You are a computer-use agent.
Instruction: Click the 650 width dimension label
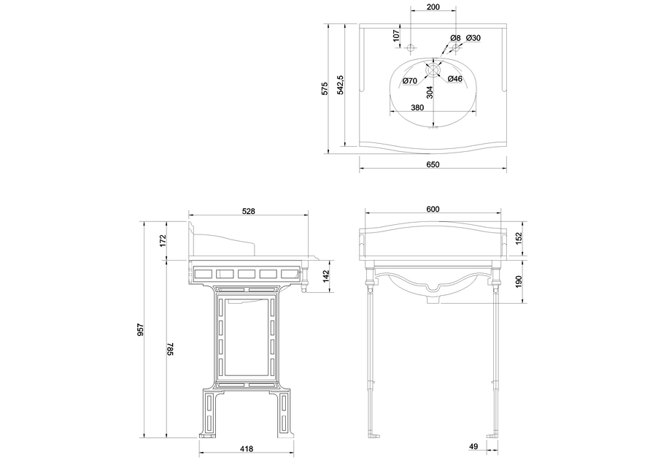coord(433,164)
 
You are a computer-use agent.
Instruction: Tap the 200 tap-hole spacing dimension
coord(433,7)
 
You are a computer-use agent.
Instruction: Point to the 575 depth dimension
coord(325,88)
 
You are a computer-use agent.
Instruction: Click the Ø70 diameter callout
coord(409,81)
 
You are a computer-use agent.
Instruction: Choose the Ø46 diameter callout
coord(454,79)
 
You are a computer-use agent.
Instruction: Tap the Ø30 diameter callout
coord(473,38)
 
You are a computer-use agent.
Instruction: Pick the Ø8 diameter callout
coord(455,38)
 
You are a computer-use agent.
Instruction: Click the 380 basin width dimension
coord(417,107)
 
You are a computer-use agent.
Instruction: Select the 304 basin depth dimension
coord(430,92)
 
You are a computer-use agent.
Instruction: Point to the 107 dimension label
coord(396,35)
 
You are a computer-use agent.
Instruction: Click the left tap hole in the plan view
coord(411,48)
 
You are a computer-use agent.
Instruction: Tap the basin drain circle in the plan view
coord(433,70)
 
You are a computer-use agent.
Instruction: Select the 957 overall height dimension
coord(140,330)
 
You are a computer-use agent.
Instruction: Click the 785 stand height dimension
coord(170,349)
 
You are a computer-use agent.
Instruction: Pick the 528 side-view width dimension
coord(248,211)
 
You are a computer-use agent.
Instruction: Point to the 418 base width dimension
coord(247,448)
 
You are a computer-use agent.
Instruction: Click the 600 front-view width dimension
coord(433,210)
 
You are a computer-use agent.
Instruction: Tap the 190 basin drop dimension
coord(518,281)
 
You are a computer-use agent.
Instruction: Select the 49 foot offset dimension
coord(473,446)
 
